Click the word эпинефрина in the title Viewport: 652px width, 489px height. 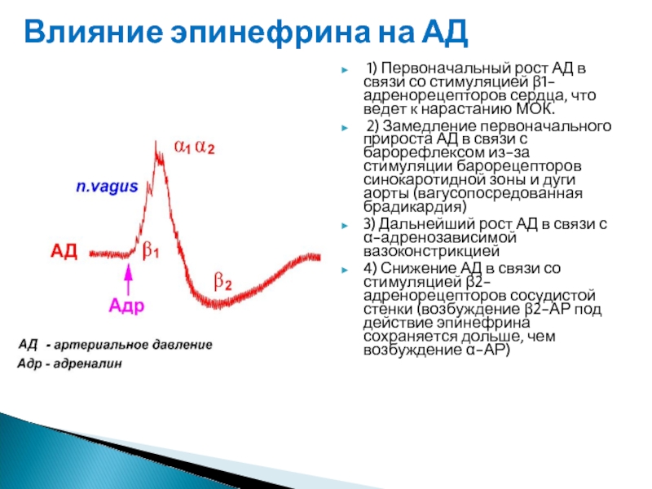[x=270, y=33]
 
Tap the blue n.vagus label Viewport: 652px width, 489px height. [x=107, y=187]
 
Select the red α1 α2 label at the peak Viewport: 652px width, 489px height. [x=194, y=147]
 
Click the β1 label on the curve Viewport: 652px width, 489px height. [x=151, y=250]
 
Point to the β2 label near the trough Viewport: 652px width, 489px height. [x=222, y=281]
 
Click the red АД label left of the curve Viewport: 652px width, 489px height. [x=64, y=251]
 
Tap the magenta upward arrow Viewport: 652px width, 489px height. [x=129, y=279]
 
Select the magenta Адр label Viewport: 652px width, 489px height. [x=126, y=306]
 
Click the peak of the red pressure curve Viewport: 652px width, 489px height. [x=156, y=143]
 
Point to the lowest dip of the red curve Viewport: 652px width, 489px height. [x=216, y=306]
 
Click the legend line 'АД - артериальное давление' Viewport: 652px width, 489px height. [x=115, y=345]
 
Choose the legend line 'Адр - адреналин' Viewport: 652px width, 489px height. [x=70, y=363]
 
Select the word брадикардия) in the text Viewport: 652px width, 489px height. [x=415, y=207]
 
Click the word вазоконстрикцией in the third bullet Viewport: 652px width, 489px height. [x=432, y=251]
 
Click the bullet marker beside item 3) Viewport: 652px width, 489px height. [x=345, y=226]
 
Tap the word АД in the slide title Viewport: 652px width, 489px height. [x=445, y=33]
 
